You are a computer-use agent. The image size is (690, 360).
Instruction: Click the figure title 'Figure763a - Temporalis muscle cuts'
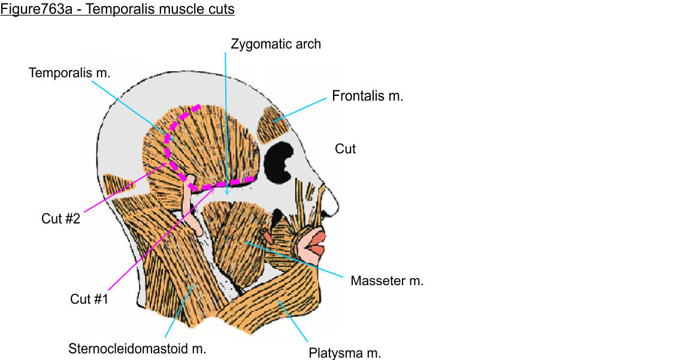(x=117, y=10)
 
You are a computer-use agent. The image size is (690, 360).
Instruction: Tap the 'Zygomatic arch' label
(x=276, y=44)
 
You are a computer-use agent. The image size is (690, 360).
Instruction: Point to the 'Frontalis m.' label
(x=368, y=95)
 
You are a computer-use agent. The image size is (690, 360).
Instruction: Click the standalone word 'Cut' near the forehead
(x=345, y=149)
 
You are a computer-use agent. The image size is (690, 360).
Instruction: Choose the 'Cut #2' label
(x=60, y=219)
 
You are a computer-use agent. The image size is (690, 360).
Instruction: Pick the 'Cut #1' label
(x=89, y=299)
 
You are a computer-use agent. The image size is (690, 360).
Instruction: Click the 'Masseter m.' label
(x=387, y=280)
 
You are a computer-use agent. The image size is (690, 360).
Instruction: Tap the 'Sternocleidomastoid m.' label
(x=137, y=349)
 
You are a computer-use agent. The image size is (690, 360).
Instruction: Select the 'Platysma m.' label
(x=344, y=353)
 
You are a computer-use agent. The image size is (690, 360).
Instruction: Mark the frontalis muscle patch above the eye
(x=273, y=123)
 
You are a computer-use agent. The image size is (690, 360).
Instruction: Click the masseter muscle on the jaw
(x=237, y=240)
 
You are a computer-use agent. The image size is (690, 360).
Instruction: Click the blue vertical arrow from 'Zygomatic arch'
(x=226, y=120)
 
